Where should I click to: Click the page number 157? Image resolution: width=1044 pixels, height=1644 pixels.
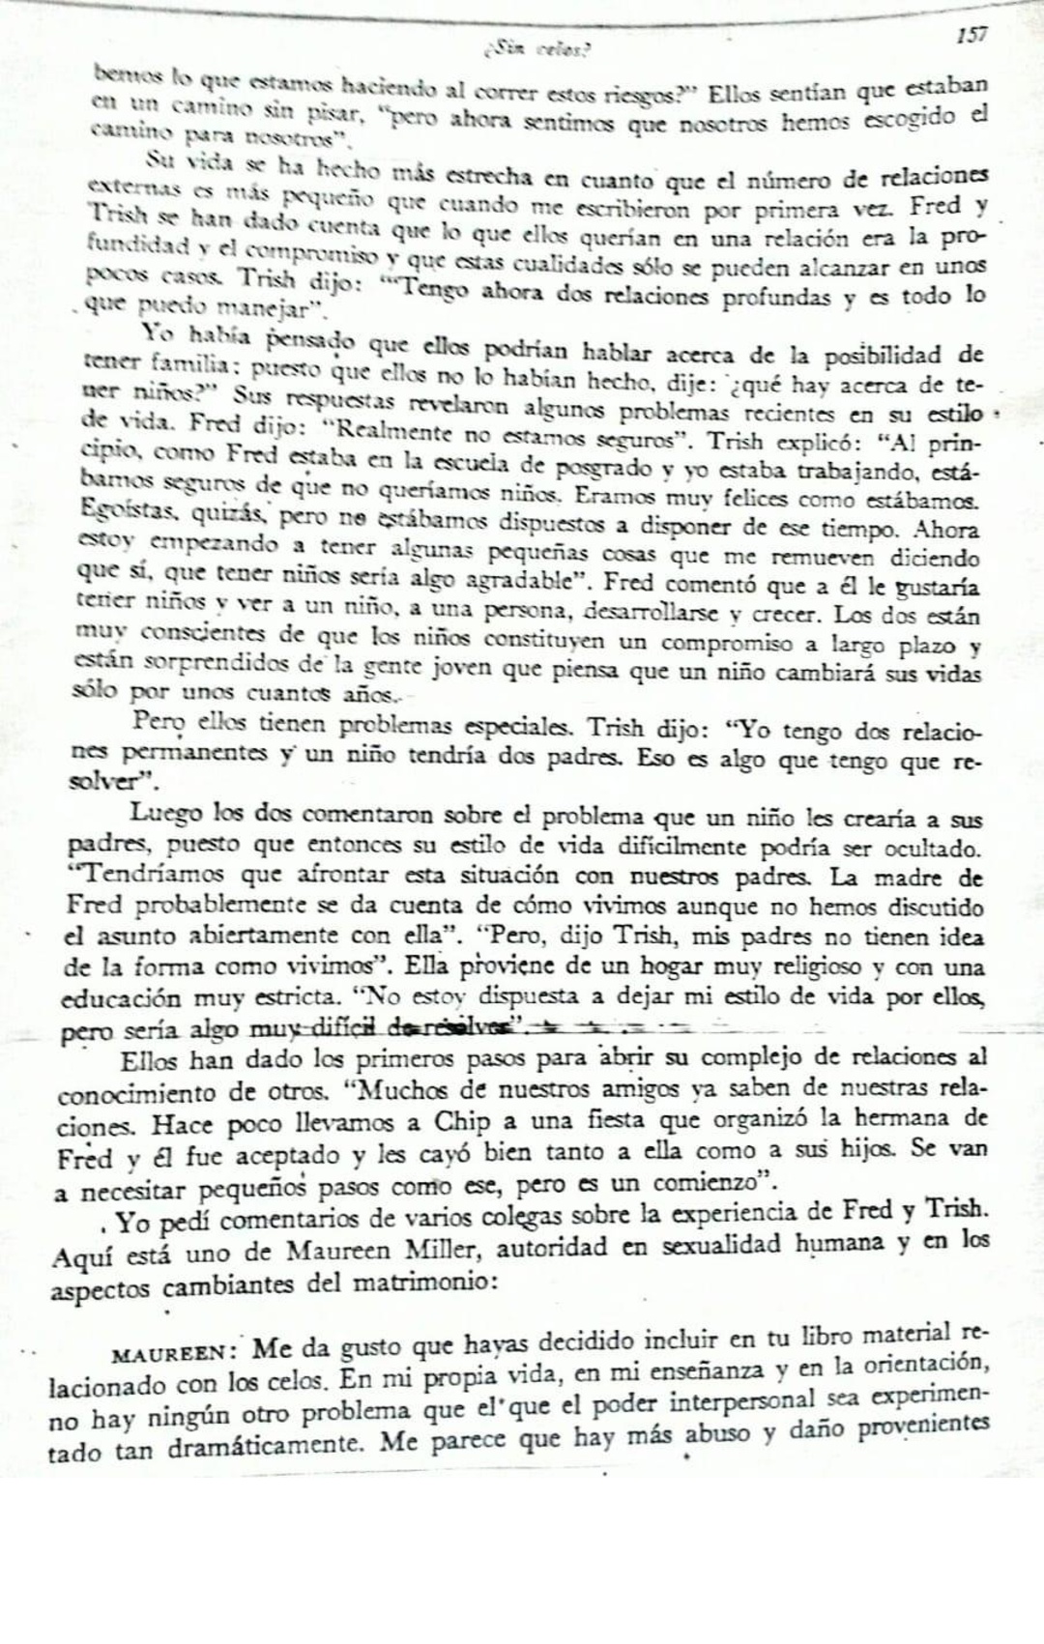click(x=971, y=37)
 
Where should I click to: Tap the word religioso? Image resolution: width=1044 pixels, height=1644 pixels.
click(x=837, y=966)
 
